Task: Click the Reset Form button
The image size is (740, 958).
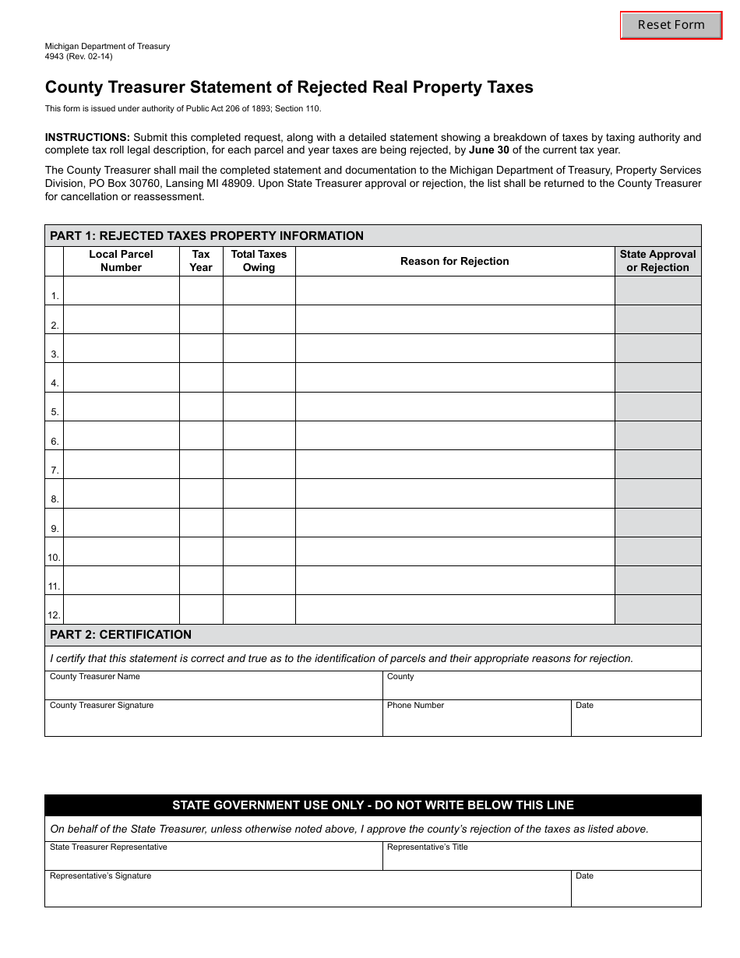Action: tap(671, 25)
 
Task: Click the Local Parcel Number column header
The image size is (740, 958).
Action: tap(121, 261)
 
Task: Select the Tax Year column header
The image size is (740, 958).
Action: tap(201, 261)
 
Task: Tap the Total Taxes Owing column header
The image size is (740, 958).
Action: tap(259, 261)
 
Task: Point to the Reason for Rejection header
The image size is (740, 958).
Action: tap(454, 261)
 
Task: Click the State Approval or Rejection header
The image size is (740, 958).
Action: tap(657, 261)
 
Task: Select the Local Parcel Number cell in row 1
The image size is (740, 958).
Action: tap(121, 291)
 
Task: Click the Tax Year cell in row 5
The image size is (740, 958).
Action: tap(201, 407)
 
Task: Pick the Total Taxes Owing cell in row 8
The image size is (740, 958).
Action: tap(259, 494)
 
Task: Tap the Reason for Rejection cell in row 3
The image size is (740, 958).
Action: tap(454, 348)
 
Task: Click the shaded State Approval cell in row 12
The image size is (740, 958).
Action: tap(657, 609)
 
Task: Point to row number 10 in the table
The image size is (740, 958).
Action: tap(54, 558)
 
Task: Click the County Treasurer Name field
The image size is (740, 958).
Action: tap(213, 689)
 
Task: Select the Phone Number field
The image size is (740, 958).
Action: tap(476, 721)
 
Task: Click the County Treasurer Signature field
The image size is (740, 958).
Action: tap(213, 721)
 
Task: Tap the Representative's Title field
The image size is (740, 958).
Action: tap(541, 858)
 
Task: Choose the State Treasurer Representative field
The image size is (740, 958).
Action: tap(213, 858)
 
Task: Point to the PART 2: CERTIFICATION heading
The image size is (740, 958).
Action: tap(121, 635)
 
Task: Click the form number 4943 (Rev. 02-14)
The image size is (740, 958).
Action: tap(79, 57)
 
